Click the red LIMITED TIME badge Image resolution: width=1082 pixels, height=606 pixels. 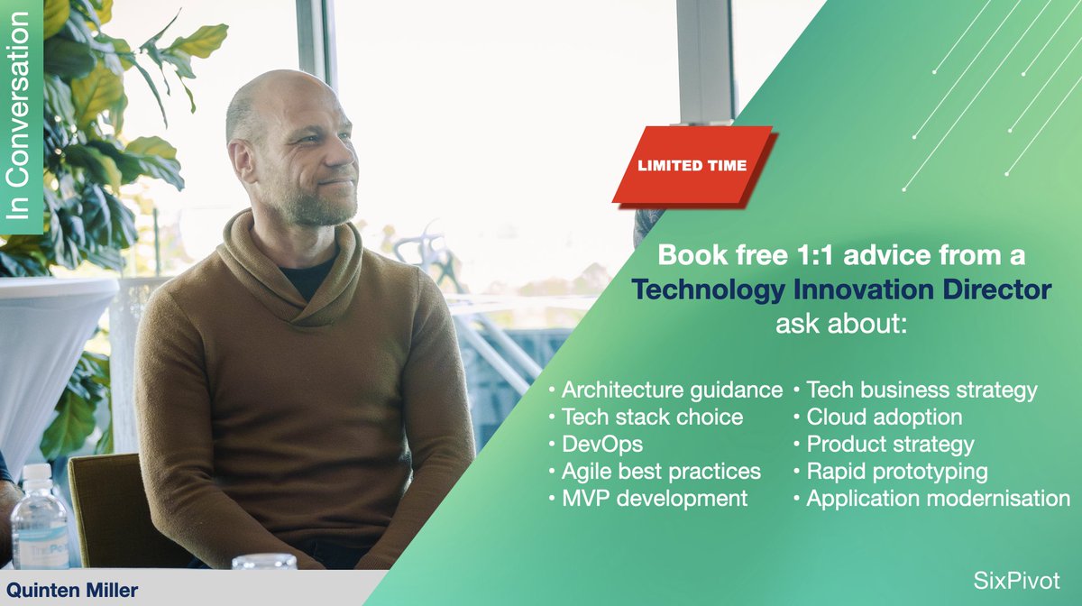[692, 165]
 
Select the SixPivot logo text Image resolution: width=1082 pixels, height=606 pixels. [1017, 580]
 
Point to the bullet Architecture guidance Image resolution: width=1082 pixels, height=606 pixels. [672, 390]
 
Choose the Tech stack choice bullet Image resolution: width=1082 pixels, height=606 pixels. [652, 418]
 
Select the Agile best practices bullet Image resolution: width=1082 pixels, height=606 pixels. [661, 472]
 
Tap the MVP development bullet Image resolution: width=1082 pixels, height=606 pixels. [655, 499]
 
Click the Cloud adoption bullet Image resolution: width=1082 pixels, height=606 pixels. [884, 418]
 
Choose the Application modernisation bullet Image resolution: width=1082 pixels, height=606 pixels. [938, 499]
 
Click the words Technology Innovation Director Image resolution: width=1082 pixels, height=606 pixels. [840, 290]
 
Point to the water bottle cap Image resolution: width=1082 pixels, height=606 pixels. [37, 472]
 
